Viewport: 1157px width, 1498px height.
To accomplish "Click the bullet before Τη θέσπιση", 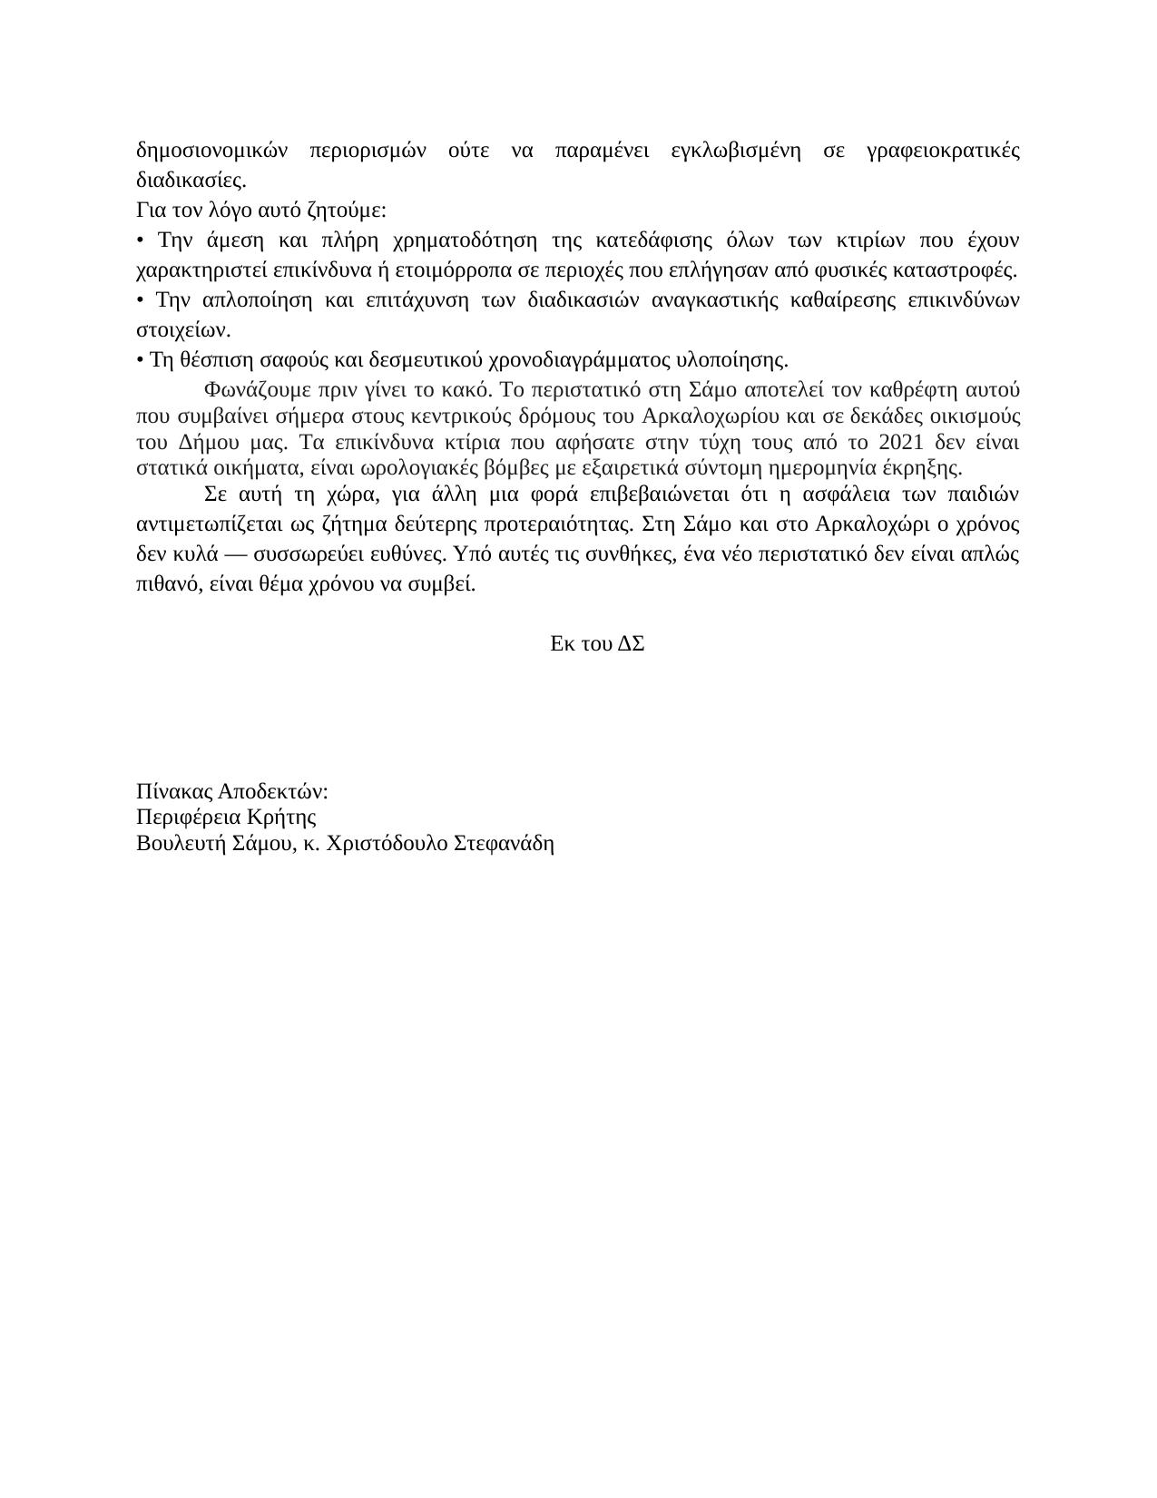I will tap(140, 360).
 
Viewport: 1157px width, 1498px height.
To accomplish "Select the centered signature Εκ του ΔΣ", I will tap(597, 643).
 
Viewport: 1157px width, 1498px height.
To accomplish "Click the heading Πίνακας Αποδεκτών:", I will tap(232, 791).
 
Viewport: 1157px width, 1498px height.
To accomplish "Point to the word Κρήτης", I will tap(286, 817).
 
